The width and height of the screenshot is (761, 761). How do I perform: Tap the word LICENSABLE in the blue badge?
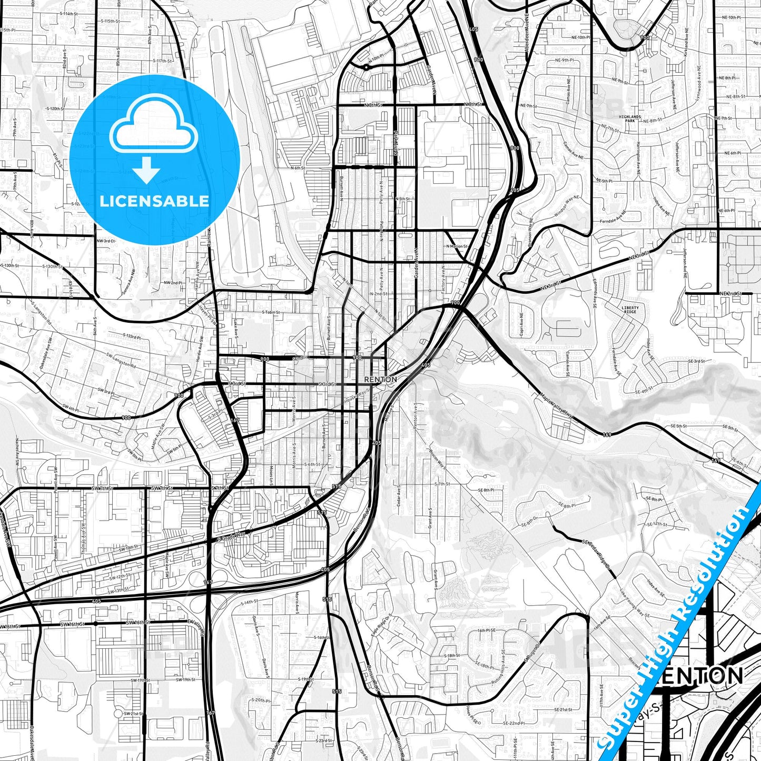coord(154,201)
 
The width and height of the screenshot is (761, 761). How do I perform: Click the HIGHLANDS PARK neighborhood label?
coord(630,118)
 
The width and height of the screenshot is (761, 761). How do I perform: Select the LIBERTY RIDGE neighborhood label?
coord(630,310)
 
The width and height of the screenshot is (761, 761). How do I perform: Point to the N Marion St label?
coord(456,246)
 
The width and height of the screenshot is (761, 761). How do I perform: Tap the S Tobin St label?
coord(271,312)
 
